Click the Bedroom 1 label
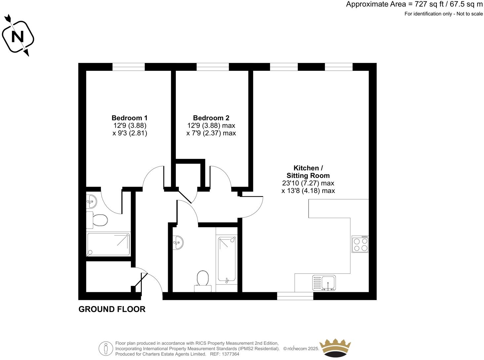[130, 118]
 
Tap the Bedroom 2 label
[211, 118]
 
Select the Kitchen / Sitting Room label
[308, 172]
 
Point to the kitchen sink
[324, 283]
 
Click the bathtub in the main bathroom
[227, 259]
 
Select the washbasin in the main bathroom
[178, 243]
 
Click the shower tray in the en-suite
[108, 244]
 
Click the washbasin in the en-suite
[91, 201]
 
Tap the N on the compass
[18, 37]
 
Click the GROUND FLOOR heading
[112, 309]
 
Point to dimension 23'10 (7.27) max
[308, 183]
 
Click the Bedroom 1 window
[129, 67]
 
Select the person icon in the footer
[106, 348]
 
